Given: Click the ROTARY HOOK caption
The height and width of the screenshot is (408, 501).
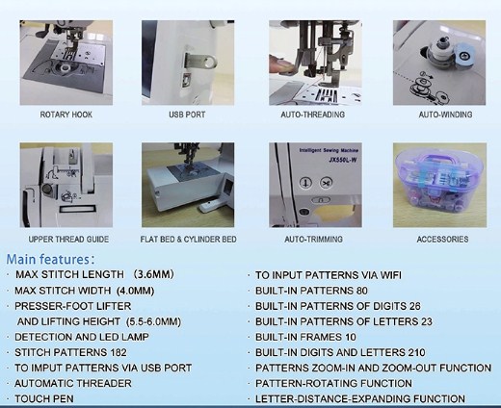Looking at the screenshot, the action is click(66, 115).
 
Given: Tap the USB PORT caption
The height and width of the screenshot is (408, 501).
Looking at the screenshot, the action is click(187, 115).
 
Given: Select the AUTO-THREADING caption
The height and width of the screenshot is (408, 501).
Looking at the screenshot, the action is click(313, 115).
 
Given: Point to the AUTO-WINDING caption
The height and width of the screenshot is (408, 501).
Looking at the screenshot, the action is click(445, 115).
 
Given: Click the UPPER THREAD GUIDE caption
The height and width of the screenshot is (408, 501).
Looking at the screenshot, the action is click(68, 240).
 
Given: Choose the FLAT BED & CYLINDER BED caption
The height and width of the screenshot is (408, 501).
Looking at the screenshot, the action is click(188, 240).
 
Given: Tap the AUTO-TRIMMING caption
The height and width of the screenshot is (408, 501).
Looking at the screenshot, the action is click(313, 240).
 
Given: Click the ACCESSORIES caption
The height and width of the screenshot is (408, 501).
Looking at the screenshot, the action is click(442, 240).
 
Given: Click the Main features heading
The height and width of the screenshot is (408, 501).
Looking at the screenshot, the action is click(50, 259).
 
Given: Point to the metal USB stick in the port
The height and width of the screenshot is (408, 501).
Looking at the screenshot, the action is click(200, 61).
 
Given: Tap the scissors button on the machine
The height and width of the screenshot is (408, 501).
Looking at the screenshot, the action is click(326, 183).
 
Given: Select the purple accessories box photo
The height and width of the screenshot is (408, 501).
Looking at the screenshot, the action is click(439, 185).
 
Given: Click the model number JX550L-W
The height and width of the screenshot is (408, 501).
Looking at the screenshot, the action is click(343, 160).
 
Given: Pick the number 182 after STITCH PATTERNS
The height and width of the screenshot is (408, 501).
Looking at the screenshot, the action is click(119, 352).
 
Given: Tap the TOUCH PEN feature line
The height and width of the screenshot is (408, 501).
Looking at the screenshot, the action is click(44, 398).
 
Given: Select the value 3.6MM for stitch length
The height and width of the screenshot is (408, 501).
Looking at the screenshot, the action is click(154, 274).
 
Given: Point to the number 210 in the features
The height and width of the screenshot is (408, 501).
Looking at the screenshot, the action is click(416, 352).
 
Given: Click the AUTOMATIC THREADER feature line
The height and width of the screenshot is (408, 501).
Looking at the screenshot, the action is click(73, 383).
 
